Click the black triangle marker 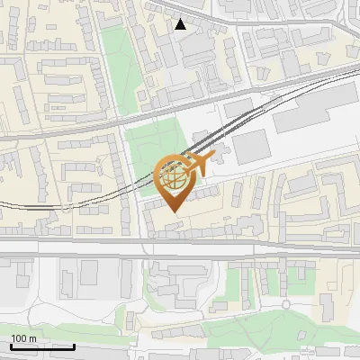tap(181, 24)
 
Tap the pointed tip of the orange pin tap(173, 211)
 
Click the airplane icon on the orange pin tap(200, 163)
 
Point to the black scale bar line tap(41, 346)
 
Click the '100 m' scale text tap(23, 338)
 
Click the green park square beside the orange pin tap(149, 148)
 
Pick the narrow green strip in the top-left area tap(114, 54)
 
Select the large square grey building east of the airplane tap(251, 146)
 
